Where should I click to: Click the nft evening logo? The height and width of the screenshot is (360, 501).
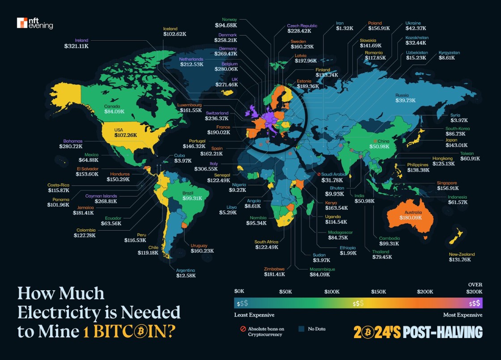coord(34,23)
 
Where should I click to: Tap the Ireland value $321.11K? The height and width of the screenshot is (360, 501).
coord(76,46)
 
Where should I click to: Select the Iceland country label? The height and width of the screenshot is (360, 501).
coord(170,29)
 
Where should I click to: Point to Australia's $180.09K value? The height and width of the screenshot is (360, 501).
coord(413,218)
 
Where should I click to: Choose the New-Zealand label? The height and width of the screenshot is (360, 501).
coord(462,254)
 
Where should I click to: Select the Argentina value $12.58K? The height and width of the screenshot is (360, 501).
coord(185,276)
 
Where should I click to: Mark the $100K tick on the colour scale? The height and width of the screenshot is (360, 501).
coord(332,292)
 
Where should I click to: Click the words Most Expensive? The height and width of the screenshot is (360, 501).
coord(463,315)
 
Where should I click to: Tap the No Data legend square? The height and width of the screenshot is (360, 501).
coord(301,329)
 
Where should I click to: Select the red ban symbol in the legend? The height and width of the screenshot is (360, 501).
coord(243,329)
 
